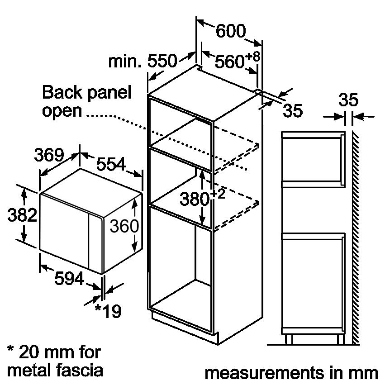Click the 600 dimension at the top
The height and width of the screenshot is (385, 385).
coord(230,31)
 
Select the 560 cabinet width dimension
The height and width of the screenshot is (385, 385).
coord(229,61)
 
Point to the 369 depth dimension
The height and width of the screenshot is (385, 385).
coord(49,155)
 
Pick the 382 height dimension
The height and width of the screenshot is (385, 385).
coord(22,215)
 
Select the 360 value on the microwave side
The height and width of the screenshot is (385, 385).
coord(124,225)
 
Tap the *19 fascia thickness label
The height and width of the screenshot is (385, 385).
coord(108,311)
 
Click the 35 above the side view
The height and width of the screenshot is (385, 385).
coord(348,100)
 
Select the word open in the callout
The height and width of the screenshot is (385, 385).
coord(62,111)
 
